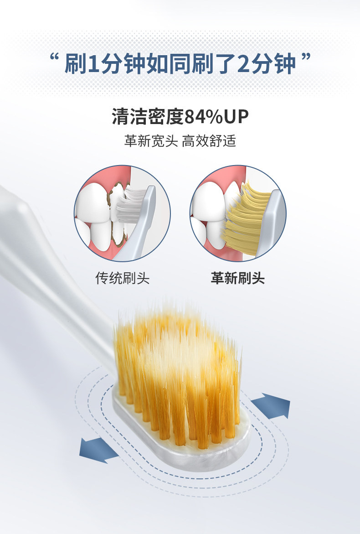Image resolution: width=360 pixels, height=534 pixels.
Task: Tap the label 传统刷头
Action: tap(123, 278)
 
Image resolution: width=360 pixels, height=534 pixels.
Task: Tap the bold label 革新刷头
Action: tap(237, 278)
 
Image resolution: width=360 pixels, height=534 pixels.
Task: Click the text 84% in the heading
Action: tap(204, 117)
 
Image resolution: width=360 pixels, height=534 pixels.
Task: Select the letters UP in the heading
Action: tap(236, 117)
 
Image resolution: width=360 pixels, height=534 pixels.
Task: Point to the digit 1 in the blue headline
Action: tap(93, 64)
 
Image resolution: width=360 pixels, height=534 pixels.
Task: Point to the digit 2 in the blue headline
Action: tap(244, 64)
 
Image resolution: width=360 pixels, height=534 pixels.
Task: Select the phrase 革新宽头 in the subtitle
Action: tap(151, 141)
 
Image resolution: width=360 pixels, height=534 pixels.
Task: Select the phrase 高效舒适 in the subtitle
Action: tap(209, 141)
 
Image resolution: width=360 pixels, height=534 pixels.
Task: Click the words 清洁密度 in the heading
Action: tap(148, 117)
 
